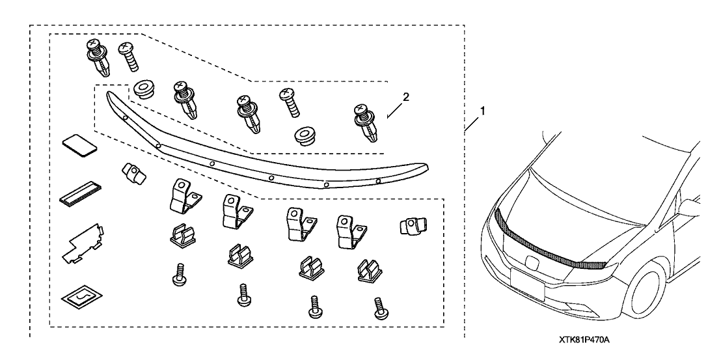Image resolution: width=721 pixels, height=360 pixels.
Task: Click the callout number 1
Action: tap(482, 111)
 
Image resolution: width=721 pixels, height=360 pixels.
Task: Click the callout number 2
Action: tap(405, 97)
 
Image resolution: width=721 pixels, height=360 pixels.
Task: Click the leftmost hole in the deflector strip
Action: tap(125, 117)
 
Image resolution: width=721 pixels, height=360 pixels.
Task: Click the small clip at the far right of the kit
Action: tap(412, 226)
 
